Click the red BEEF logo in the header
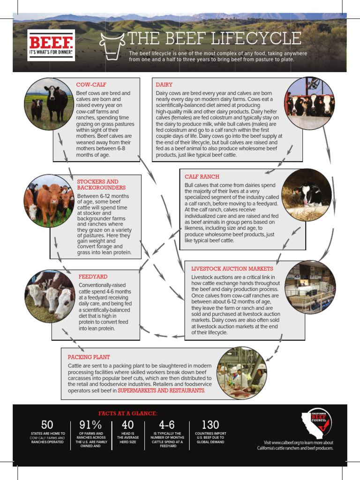point(51,45)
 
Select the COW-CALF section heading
point(91,85)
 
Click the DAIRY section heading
point(164,85)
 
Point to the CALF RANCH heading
point(202,177)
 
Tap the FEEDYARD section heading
point(93,277)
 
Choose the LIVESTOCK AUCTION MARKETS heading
point(232,269)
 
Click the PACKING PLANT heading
point(89,357)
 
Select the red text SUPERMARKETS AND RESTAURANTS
point(161,390)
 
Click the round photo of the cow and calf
point(49,104)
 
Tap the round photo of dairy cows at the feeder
point(309,104)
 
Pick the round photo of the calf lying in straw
point(307,195)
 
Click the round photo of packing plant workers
point(242,373)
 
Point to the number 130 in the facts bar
point(210,425)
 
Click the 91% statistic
point(91,425)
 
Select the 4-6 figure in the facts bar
point(167,425)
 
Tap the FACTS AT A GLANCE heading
point(127,413)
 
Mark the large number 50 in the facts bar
point(47,425)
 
